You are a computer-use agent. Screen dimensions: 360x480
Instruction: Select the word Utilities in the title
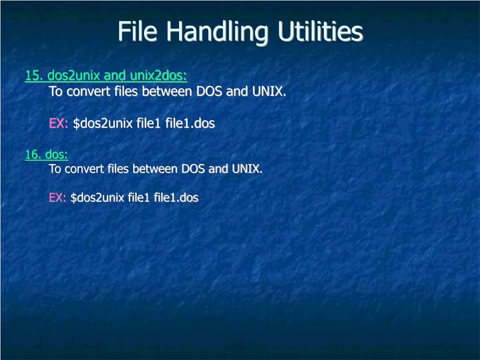[x=320, y=32]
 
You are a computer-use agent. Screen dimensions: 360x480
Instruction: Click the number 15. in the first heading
[x=34, y=75]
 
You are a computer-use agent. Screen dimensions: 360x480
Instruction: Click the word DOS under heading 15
[x=209, y=91]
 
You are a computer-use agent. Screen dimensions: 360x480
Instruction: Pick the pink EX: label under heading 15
[x=59, y=123]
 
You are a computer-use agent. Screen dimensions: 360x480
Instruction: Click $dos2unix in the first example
[x=103, y=123]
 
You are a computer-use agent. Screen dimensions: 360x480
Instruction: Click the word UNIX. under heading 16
[x=247, y=169]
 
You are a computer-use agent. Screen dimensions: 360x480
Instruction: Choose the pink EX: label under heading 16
[x=58, y=198]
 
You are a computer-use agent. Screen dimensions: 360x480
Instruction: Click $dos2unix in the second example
[x=97, y=198]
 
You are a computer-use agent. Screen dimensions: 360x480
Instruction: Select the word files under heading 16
[x=118, y=169]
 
